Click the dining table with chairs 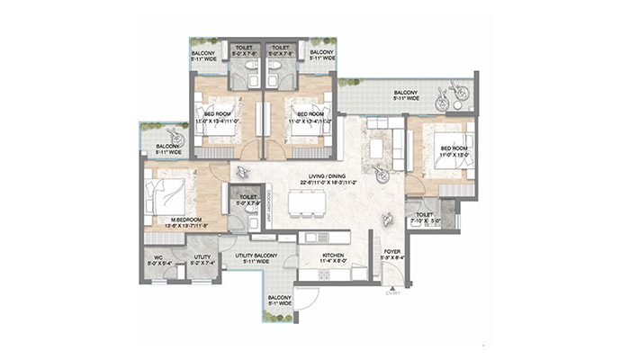click(x=304, y=206)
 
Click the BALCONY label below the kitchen click(x=280, y=298)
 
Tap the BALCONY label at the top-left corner click(x=202, y=53)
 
